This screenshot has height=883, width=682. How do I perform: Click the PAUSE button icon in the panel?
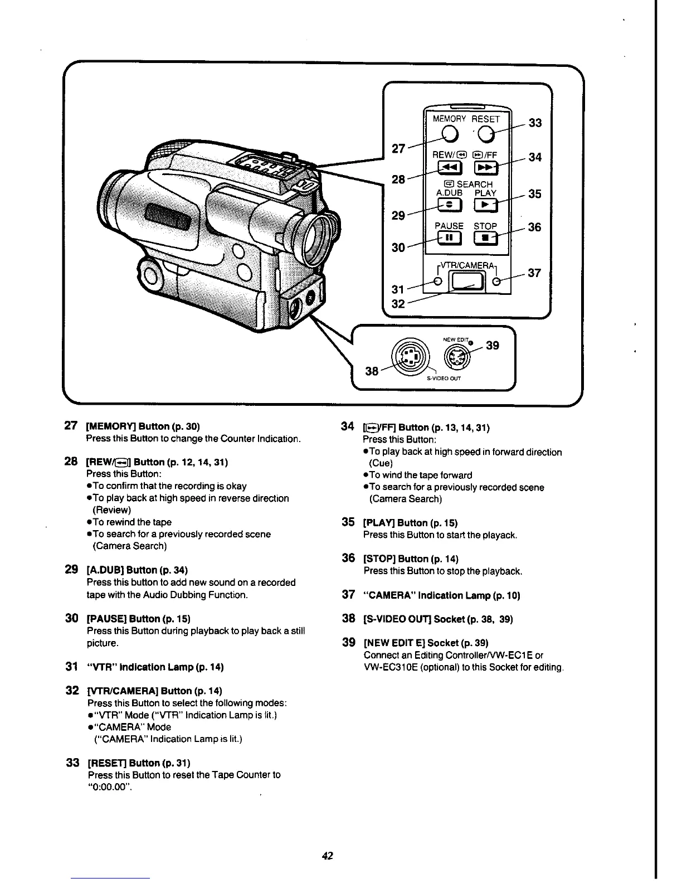(449, 239)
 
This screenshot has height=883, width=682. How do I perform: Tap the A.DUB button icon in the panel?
(449, 205)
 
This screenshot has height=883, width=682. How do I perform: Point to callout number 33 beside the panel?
(535, 123)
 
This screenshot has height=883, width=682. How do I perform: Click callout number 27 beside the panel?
(398, 148)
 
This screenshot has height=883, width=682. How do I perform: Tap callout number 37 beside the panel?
(535, 273)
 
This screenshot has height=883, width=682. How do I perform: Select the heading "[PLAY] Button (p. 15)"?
(410, 523)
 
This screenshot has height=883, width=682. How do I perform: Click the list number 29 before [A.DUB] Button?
(71, 569)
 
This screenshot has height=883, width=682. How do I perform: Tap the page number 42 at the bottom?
(327, 856)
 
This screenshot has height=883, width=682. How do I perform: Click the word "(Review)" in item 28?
(111, 510)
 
